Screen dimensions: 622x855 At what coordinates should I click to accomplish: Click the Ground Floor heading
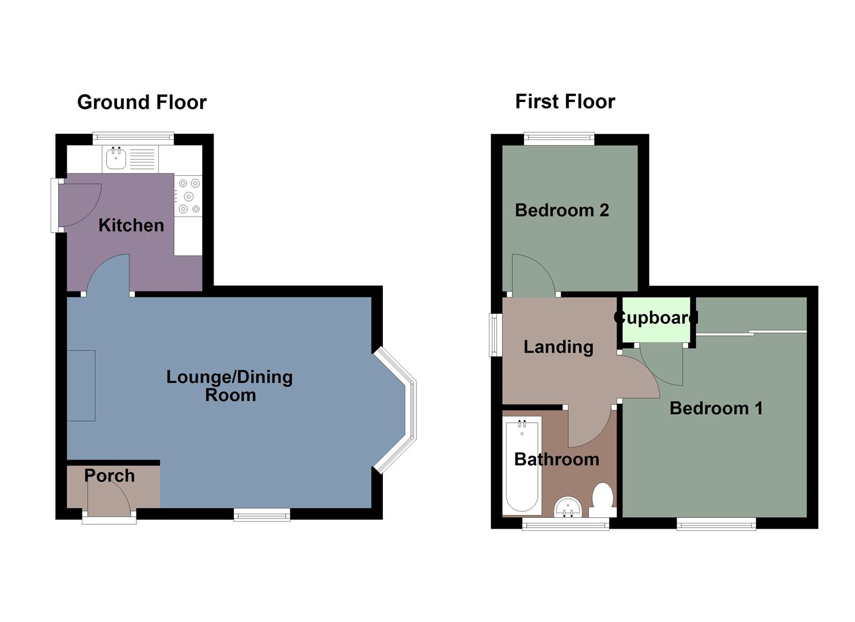142,102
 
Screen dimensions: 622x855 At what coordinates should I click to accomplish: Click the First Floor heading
565,101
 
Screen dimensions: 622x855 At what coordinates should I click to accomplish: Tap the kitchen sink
116,158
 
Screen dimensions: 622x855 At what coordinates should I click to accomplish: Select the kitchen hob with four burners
189,196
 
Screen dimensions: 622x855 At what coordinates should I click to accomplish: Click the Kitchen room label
131,225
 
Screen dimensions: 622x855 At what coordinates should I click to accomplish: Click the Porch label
109,476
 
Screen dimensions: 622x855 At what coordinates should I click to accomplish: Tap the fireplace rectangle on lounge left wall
81,385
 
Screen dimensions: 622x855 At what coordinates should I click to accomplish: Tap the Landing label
558,347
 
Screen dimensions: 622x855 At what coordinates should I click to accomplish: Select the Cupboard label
656,318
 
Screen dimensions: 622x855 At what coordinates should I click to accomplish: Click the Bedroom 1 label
716,408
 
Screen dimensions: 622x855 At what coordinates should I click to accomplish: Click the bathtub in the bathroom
522,466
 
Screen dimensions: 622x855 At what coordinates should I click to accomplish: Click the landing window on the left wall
494,335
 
